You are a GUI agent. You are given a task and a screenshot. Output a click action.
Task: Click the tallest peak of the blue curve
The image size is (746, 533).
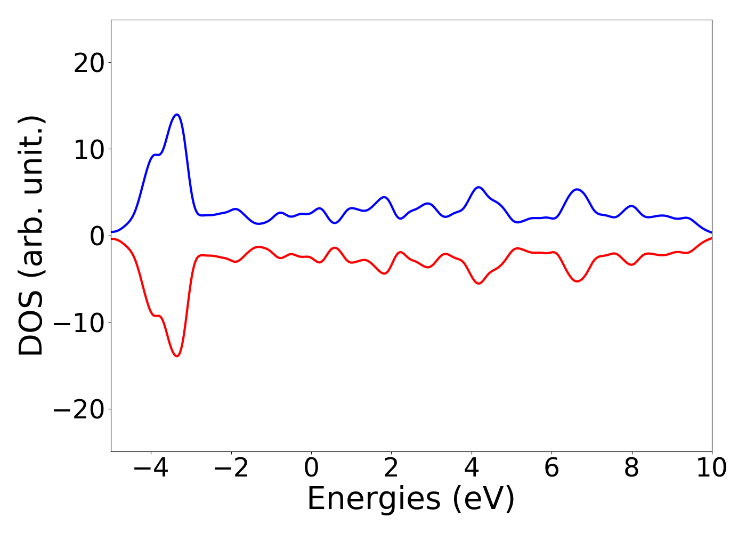pos(177,115)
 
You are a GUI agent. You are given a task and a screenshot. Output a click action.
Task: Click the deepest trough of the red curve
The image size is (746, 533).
pos(177,356)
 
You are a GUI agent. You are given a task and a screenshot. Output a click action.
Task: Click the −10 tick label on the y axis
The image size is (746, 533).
pos(82,323)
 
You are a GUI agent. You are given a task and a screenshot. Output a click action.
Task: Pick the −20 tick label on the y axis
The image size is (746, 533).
pos(82,409)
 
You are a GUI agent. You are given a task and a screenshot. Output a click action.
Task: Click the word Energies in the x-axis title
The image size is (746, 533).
pos(374,500)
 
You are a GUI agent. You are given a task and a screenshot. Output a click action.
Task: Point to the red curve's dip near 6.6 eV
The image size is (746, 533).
pos(577,281)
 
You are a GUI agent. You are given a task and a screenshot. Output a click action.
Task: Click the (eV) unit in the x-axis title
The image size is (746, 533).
pos(484,500)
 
